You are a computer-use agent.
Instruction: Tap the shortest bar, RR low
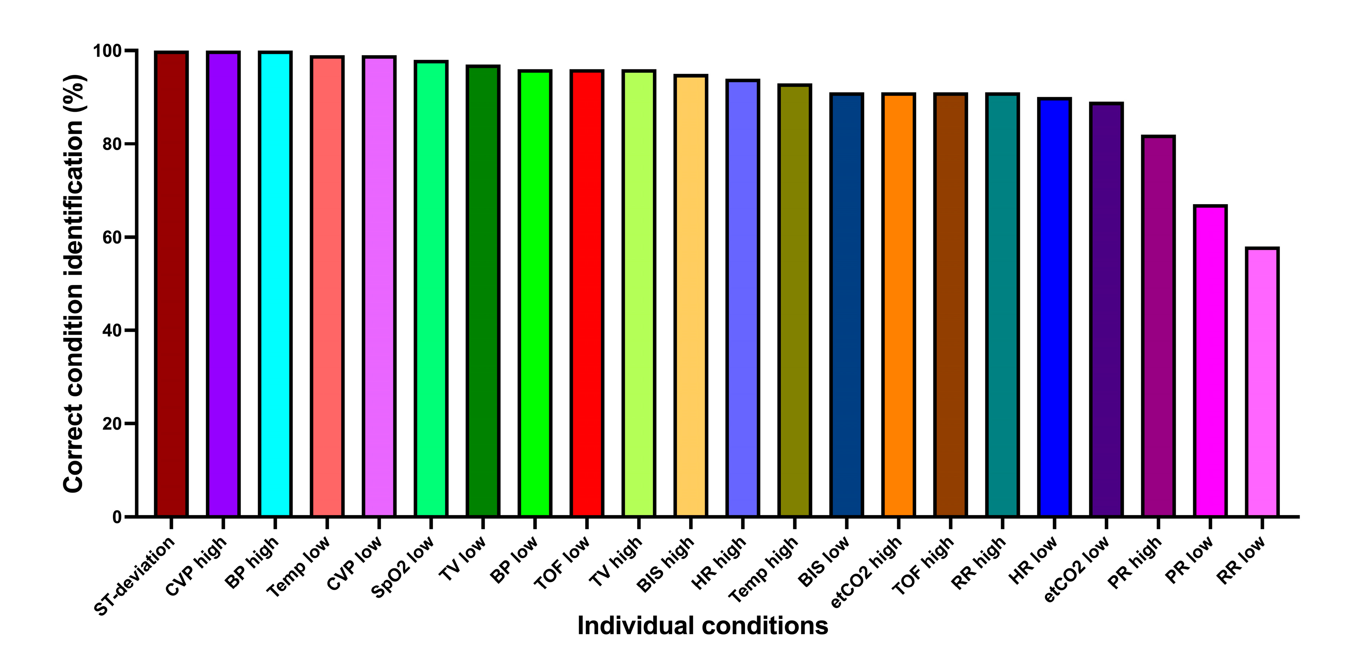click(x=1263, y=382)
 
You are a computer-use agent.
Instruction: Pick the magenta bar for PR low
click(x=1210, y=361)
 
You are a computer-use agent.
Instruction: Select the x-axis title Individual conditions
click(x=702, y=626)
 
